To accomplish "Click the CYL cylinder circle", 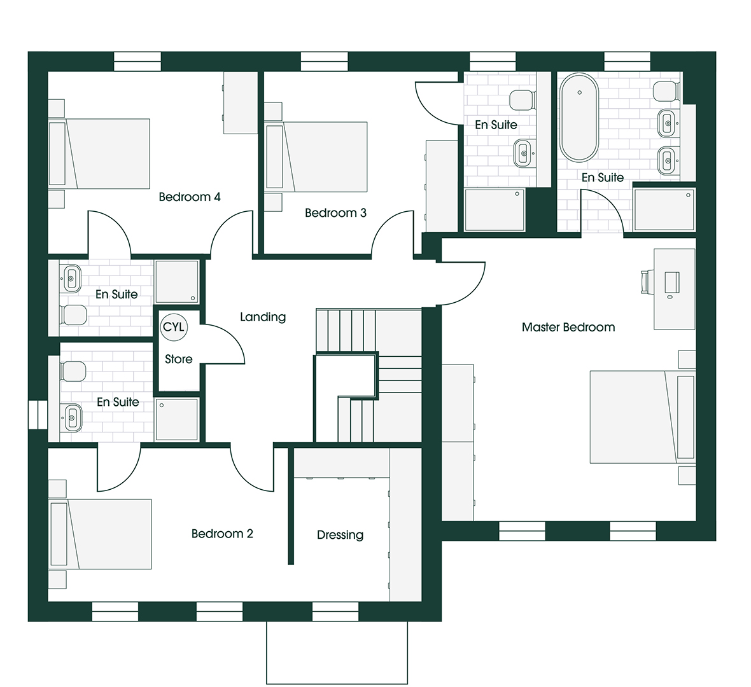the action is (174, 328).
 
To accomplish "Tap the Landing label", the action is (263, 317).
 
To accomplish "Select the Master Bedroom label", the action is (568, 328).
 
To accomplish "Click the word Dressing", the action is (340, 535).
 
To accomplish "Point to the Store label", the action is (179, 359).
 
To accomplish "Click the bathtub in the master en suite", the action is (580, 118).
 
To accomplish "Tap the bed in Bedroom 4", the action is (99, 154).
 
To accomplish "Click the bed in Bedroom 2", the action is (100, 534).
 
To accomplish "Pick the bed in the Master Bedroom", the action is (642, 417).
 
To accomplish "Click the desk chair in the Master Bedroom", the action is (645, 282).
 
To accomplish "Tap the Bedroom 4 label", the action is (190, 197).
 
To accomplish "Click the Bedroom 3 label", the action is (336, 212).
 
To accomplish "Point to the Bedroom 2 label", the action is (222, 533).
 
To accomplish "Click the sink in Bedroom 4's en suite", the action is (71, 278).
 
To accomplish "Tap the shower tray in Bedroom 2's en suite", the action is (177, 419).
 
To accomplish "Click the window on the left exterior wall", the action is (38, 415).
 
